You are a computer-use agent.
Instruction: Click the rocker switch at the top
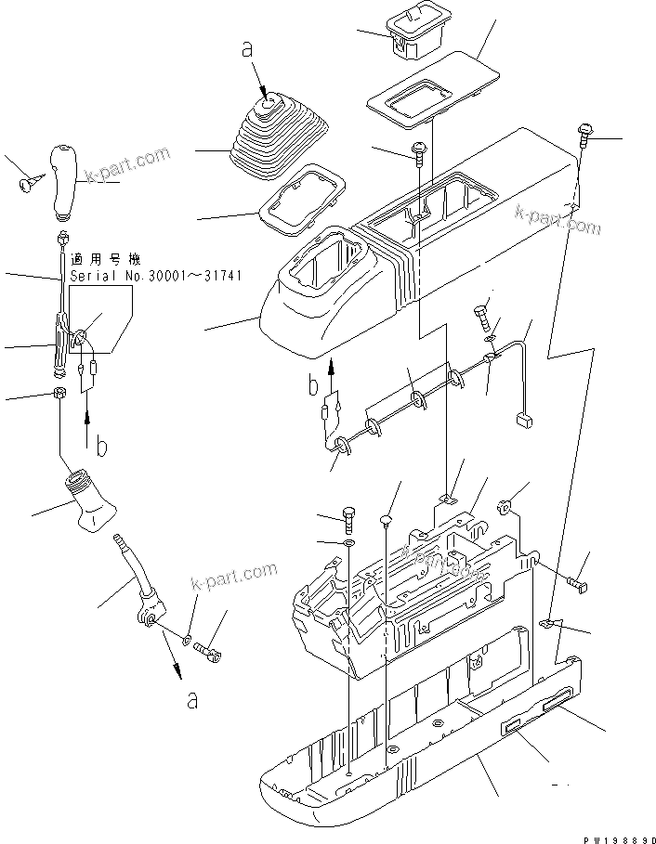tap(414, 32)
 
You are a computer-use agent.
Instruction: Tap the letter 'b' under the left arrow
tap(102, 447)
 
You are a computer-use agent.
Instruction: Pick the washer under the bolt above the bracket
tap(348, 542)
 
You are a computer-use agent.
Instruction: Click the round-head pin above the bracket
tap(387, 518)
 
